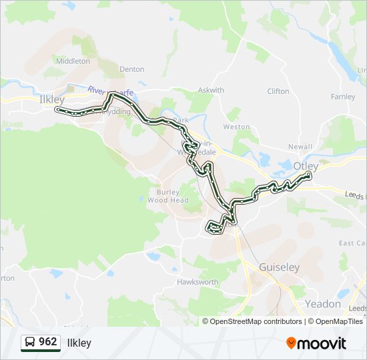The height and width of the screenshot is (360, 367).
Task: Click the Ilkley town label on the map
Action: point(51,99)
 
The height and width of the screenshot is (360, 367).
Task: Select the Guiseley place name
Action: point(280,267)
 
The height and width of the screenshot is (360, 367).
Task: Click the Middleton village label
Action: point(73,61)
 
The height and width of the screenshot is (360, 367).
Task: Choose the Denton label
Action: point(131,69)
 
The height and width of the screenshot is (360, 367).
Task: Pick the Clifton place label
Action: point(278,91)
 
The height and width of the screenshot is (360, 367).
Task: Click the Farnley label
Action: point(343,97)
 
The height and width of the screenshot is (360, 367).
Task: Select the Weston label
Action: point(237,127)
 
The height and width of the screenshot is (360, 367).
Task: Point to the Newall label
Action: point(300,147)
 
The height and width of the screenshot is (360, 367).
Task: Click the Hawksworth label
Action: point(198,282)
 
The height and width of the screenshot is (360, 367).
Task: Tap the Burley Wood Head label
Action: point(168,196)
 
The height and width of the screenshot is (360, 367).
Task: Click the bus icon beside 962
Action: point(30,343)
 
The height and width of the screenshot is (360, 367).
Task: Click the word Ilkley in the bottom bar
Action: point(79,343)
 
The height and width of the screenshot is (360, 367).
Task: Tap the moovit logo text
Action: point(322,343)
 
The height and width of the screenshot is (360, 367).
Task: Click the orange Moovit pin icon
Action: point(291,343)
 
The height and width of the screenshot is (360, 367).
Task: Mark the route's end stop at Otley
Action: point(309,175)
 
